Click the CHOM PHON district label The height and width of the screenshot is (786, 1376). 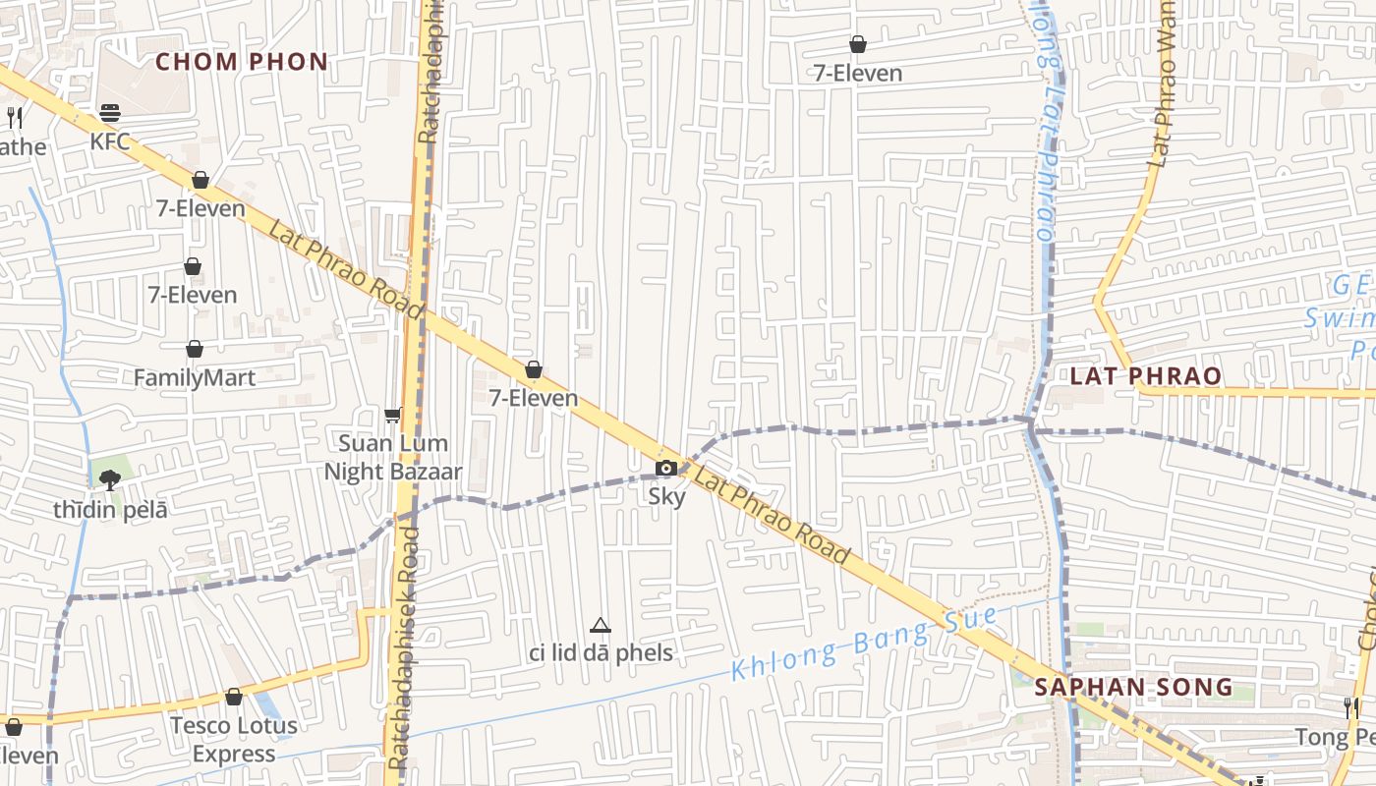pos(241,62)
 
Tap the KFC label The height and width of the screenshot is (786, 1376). pos(109,141)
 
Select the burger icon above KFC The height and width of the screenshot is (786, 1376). pos(109,113)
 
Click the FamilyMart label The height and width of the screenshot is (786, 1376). pos(195,377)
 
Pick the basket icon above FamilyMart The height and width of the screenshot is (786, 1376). pos(195,349)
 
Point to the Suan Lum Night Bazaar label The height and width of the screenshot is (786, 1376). pos(393,458)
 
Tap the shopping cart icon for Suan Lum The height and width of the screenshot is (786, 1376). pos(393,416)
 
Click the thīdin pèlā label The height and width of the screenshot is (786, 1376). pos(110,510)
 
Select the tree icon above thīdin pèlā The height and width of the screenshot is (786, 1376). pos(109,479)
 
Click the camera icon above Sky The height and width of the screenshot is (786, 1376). pos(666,468)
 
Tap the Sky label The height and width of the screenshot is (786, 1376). pos(666,496)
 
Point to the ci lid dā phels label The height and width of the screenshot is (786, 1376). pos(601,652)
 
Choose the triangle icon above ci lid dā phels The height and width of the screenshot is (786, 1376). pos(601,625)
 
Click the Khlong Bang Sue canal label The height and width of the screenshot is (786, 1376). pos(865,645)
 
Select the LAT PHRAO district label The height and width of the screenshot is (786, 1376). pos(1145,375)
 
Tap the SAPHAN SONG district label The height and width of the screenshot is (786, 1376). pos(1134,687)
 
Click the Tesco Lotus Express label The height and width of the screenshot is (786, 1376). pos(234,740)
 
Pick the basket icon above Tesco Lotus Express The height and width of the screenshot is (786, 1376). pos(234,697)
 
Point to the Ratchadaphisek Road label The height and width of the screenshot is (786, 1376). pos(404,648)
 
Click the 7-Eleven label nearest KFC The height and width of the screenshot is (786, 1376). pos(201,208)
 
